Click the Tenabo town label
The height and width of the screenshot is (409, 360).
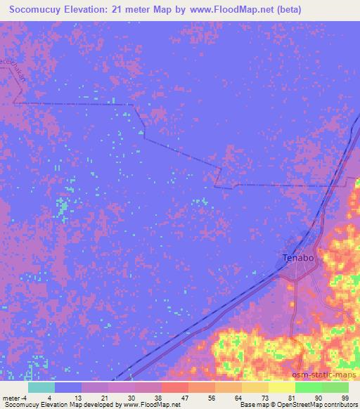point(298,258)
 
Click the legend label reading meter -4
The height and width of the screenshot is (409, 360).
point(13,398)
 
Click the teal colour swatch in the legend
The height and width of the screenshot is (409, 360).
point(41,387)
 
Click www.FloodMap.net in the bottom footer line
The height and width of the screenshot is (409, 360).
point(150,405)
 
